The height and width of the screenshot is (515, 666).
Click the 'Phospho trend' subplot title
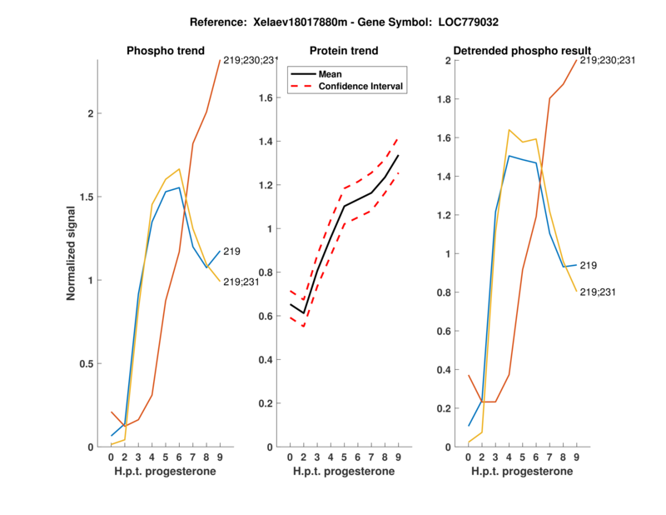click(165, 51)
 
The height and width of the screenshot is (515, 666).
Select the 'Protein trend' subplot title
click(343, 51)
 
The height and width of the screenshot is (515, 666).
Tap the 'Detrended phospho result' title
click(521, 51)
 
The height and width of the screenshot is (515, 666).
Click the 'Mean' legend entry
click(331, 74)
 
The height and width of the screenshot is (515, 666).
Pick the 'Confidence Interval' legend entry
click(361, 87)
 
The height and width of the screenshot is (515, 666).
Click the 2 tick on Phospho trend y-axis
click(89, 114)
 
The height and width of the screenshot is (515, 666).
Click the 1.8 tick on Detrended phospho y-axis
click(450, 99)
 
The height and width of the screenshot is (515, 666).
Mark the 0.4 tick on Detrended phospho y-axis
click(450, 369)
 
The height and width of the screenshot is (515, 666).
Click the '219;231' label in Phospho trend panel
click(241, 282)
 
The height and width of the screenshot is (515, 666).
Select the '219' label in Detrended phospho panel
click(589, 265)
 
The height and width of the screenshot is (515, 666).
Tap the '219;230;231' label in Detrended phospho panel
click(609, 60)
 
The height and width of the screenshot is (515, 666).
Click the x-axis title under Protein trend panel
click(343, 472)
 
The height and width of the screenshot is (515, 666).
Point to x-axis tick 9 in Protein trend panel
click(397, 457)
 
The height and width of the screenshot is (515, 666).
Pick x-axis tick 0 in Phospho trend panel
click(112, 457)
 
